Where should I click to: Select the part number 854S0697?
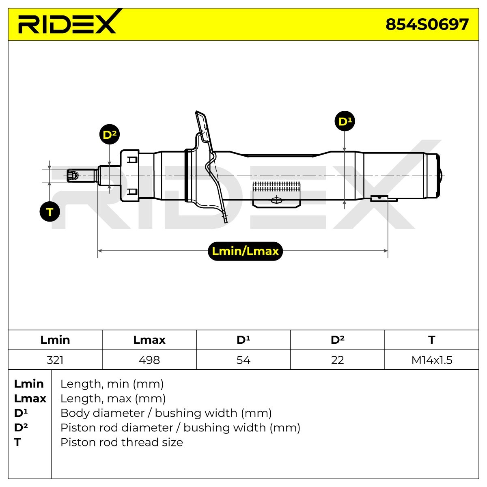click(x=427, y=24)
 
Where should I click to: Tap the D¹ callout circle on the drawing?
click(x=345, y=121)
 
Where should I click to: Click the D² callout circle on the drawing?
click(x=110, y=134)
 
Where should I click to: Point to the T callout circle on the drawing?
click(x=50, y=212)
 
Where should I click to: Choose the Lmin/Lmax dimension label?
click(x=245, y=251)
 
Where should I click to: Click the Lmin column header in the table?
click(x=55, y=340)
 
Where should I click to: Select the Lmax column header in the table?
click(x=149, y=340)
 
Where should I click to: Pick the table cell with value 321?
click(x=55, y=360)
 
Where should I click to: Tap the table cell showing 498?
click(x=149, y=360)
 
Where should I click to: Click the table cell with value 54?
click(x=243, y=360)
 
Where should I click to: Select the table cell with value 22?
click(x=337, y=360)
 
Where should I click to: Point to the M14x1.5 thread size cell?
click(x=432, y=360)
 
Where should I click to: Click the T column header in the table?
click(x=432, y=340)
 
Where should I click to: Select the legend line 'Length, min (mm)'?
click(x=112, y=384)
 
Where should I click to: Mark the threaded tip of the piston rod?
click(x=73, y=175)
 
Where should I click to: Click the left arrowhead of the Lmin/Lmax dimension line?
click(x=99, y=251)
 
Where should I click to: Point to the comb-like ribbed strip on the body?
click(x=276, y=187)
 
